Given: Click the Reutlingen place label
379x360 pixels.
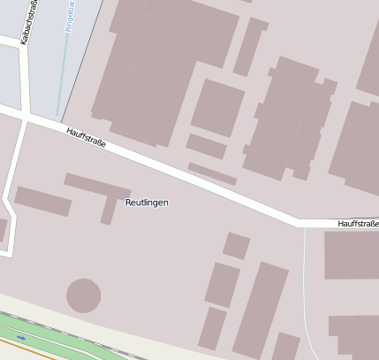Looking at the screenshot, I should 147,203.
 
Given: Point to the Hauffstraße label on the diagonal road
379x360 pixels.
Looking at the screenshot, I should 87,137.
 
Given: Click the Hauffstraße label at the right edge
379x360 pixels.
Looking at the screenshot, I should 357,225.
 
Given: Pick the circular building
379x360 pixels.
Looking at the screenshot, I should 84,295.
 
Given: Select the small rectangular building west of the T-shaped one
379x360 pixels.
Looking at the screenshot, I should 42,201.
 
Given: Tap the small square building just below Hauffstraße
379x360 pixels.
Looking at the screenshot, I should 236,245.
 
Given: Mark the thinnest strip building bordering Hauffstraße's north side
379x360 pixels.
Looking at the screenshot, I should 212,173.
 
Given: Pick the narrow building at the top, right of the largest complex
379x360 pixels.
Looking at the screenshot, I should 250,46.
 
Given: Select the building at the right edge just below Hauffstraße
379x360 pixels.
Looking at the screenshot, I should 352,256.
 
